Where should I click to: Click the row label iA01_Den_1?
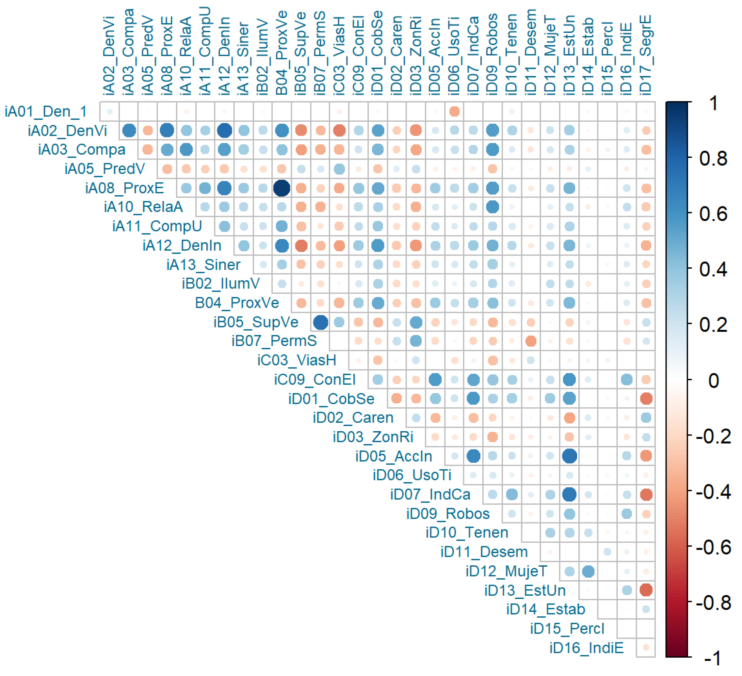(46, 111)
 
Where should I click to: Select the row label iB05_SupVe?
(256, 322)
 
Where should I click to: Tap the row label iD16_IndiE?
(587, 648)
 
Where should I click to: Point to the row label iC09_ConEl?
(315, 380)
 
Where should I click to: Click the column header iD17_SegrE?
(646, 55)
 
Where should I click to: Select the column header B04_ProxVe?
(282, 53)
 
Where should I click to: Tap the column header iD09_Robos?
(492, 54)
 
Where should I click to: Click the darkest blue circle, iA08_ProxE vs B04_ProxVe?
(282, 188)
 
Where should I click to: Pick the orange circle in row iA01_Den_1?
(455, 111)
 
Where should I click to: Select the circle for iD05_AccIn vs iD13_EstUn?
(569, 456)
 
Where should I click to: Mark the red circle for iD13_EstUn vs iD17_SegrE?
(646, 590)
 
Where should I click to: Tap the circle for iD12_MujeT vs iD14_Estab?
(588, 571)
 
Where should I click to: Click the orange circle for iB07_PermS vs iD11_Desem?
(531, 341)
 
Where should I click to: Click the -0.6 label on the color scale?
(713, 547)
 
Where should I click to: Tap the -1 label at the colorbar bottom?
(713, 658)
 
